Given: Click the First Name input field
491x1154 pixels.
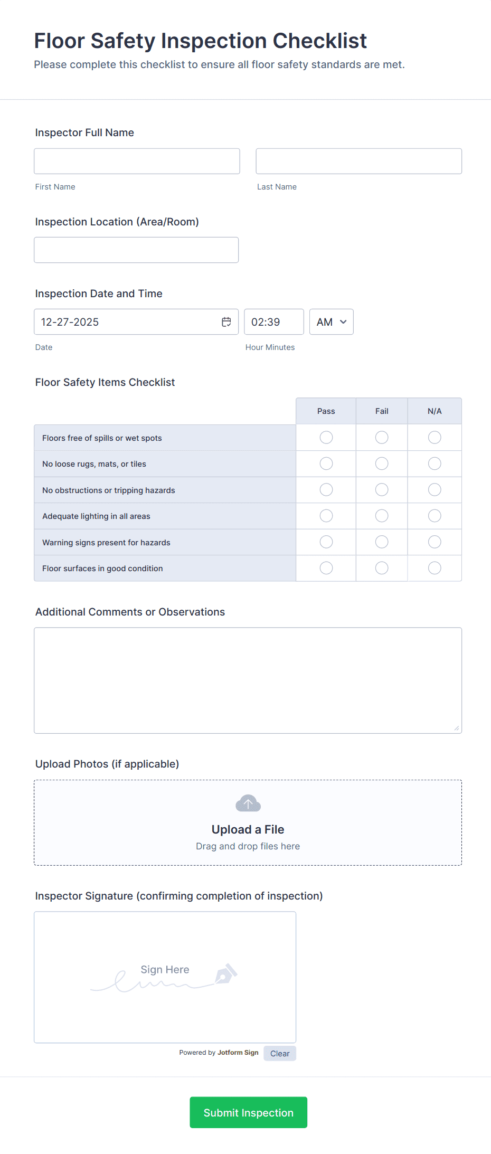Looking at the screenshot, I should coord(137,161).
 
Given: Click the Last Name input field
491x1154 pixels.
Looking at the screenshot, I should coord(358,161).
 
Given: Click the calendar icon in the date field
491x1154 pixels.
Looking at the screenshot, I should coord(226,322).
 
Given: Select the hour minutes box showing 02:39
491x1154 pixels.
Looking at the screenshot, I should coord(273,322).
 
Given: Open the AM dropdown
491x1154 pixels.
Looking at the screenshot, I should coord(331,322).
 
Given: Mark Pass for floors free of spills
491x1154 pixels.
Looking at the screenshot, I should coord(326,438).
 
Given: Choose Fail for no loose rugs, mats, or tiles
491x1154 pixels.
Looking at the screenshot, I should coord(382,464).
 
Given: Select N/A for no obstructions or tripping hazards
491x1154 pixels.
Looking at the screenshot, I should coord(435,490).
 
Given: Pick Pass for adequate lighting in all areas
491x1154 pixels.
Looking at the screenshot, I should coord(326,516).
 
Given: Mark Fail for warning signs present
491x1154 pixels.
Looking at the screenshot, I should coord(382,542).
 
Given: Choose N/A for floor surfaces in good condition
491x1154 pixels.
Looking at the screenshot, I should coord(435,568).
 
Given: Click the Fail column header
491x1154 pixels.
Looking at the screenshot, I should coord(382,411).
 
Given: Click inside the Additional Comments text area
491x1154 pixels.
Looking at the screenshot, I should coord(248,680).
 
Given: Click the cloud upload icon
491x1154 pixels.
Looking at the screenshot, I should coord(248,803).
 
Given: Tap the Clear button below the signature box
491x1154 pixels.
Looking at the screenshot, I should coord(280,1054).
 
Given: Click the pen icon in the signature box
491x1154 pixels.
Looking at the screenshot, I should coord(226,974).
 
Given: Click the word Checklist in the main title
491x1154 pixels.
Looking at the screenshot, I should coord(319,41).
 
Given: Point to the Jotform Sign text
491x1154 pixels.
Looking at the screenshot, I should coord(238,1053).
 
